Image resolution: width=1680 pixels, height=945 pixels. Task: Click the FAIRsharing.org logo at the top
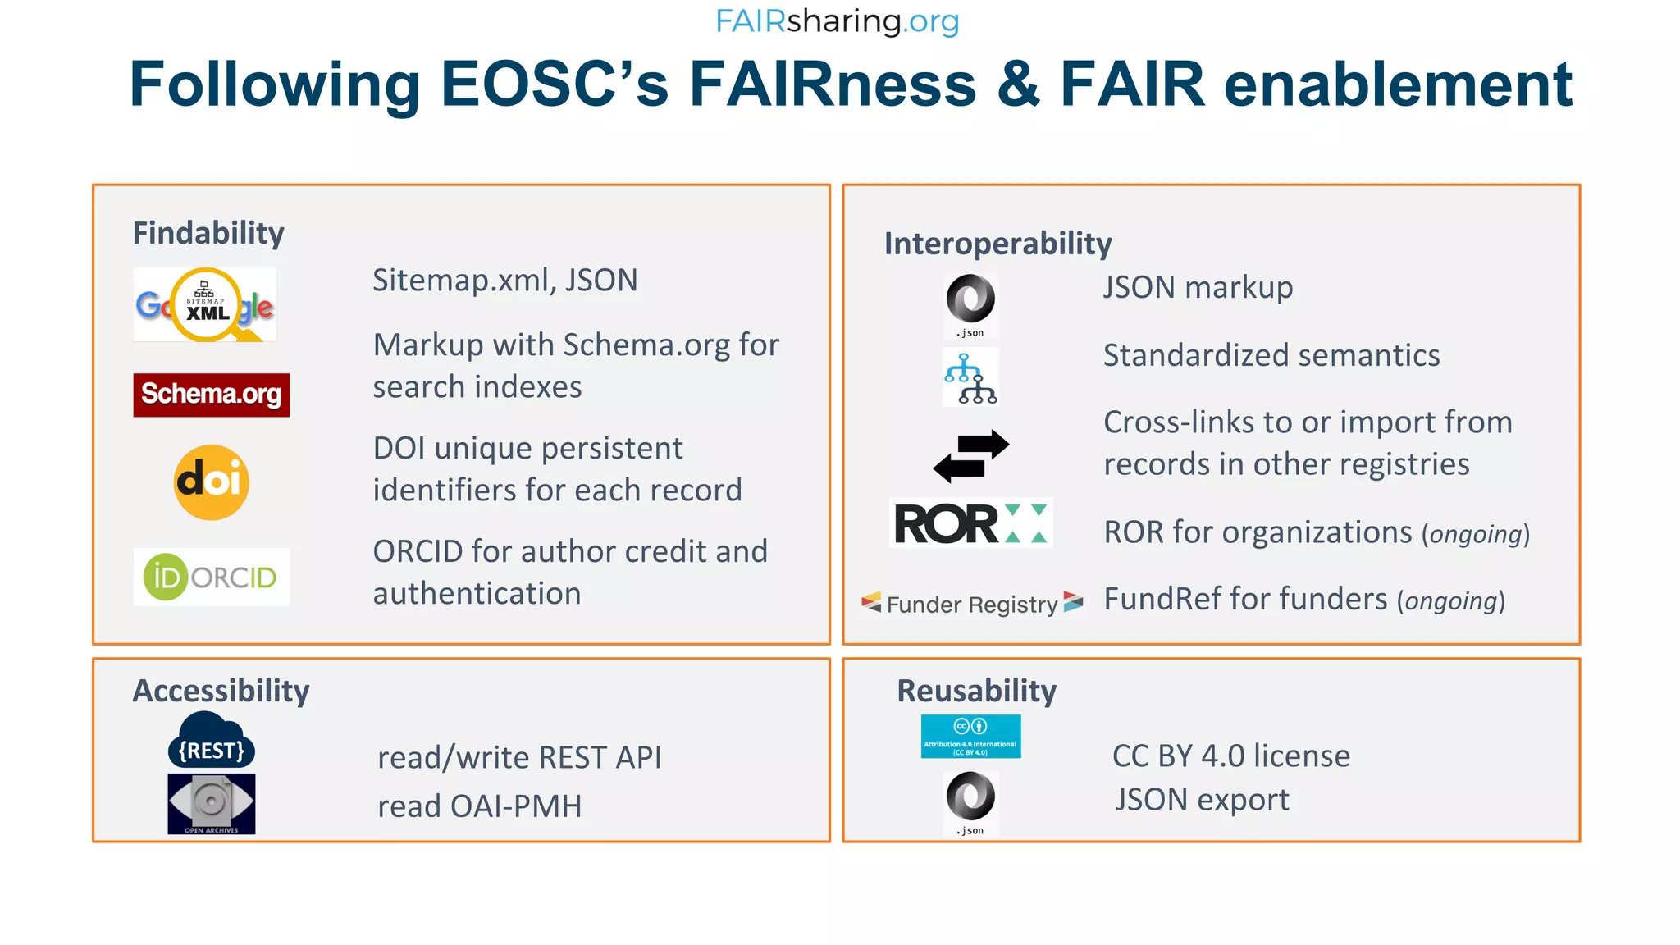[837, 21]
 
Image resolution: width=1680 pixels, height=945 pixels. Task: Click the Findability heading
[208, 233]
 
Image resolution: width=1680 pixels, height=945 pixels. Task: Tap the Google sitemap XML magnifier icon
[205, 304]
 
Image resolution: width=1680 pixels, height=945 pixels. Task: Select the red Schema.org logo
[212, 395]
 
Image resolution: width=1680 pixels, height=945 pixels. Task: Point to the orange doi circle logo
[212, 482]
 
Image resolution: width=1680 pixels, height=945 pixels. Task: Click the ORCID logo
[212, 577]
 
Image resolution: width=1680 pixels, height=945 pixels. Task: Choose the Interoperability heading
[997, 244]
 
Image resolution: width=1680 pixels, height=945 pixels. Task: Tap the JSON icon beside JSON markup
[970, 304]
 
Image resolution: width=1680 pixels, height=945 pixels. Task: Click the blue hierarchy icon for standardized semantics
[970, 377]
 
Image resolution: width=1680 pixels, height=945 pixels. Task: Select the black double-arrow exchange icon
[971, 456]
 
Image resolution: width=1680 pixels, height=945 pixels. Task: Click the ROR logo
[971, 523]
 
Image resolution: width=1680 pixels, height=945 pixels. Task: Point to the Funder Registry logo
[972, 604]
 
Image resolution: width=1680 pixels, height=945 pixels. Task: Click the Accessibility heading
[221, 691]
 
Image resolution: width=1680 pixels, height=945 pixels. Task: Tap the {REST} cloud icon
[212, 741]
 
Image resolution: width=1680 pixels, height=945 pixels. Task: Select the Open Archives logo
[212, 804]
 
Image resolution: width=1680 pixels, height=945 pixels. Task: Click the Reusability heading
[976, 691]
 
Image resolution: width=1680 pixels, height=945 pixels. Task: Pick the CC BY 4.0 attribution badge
[970, 736]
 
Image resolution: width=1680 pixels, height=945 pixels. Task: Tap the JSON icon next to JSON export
[970, 802]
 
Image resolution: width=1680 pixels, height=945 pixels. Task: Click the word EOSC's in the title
[555, 84]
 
